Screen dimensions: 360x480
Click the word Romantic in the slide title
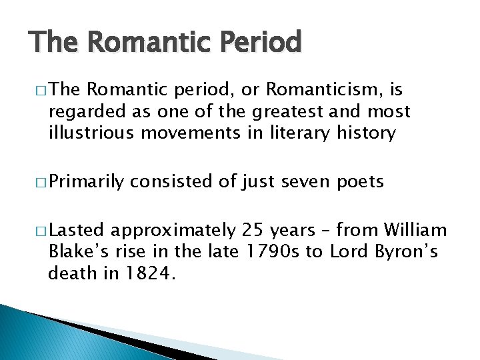tap(137, 42)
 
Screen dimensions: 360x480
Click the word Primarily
tap(87, 182)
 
